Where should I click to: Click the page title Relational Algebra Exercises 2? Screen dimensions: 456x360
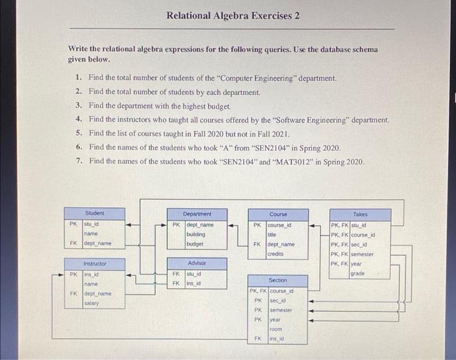(x=233, y=15)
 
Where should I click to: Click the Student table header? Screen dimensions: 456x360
(x=94, y=213)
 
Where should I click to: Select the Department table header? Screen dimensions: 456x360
(x=197, y=213)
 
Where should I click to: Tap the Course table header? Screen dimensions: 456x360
(x=278, y=214)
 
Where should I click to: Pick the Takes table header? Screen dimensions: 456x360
(x=360, y=214)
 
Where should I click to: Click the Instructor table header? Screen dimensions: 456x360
(x=95, y=264)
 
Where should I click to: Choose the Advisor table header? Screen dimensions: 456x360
(x=197, y=263)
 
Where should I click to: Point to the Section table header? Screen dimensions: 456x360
(x=278, y=280)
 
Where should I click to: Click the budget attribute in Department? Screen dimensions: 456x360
(x=195, y=243)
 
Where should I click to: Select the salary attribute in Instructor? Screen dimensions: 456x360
(x=92, y=303)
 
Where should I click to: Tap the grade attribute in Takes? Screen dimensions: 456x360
(x=357, y=274)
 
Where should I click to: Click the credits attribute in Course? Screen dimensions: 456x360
(x=276, y=254)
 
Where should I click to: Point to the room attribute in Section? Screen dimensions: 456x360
(x=276, y=329)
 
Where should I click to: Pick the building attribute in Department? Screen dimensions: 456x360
(x=196, y=234)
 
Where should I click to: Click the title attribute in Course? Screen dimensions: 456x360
(x=273, y=234)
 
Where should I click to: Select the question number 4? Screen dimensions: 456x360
(x=78, y=119)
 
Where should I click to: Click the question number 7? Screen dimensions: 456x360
(x=78, y=161)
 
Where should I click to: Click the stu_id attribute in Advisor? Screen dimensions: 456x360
(x=193, y=274)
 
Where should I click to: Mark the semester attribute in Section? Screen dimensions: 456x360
(x=281, y=310)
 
